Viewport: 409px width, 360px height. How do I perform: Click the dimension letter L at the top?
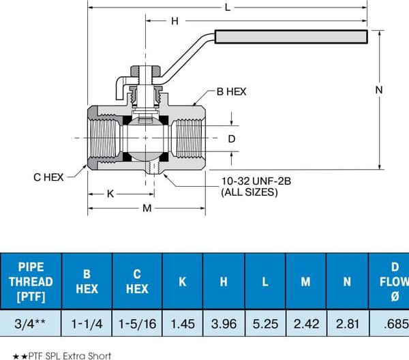[x=228, y=7]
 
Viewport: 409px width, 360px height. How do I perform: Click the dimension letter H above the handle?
[x=175, y=21]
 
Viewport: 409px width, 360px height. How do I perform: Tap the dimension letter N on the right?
[x=379, y=90]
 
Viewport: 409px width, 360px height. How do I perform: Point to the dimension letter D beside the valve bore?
[x=232, y=139]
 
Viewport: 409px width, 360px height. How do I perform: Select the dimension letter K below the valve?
[x=110, y=194]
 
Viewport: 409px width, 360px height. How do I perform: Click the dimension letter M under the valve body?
[x=147, y=208]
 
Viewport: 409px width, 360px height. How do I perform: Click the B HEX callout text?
[x=231, y=91]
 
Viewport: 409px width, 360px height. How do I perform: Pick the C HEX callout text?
[x=48, y=177]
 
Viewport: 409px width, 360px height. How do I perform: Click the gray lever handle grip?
[x=291, y=37]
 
